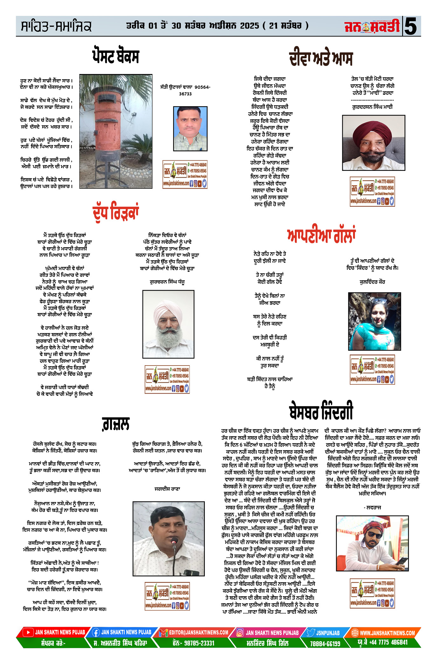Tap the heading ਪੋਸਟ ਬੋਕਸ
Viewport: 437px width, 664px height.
tap(115, 56)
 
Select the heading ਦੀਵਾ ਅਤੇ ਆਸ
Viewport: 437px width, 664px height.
tap(321, 59)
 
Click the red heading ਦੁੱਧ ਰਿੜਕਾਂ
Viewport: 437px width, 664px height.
tap(115, 213)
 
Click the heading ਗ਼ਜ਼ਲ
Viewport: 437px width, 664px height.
tap(116, 424)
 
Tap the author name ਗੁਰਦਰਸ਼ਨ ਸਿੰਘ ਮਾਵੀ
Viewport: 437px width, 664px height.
tap(372, 107)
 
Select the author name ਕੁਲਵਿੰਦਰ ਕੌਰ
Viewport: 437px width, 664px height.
tap(372, 282)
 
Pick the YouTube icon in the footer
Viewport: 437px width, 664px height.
tap(28, 632)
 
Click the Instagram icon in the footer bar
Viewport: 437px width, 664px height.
tap(240, 633)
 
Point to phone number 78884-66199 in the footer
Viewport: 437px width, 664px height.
tap(325, 643)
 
